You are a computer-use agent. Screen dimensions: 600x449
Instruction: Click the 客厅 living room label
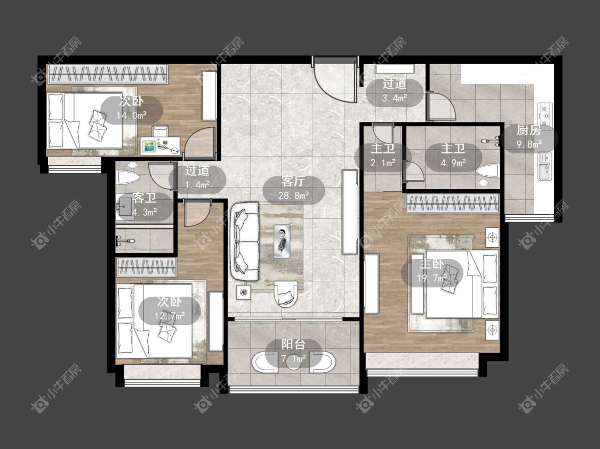(293, 182)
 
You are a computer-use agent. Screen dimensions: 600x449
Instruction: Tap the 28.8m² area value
(293, 195)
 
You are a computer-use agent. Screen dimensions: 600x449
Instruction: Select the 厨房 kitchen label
(529, 130)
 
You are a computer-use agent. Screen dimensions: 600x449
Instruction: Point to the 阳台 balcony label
(293, 344)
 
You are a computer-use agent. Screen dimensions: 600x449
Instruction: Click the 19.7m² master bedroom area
(432, 278)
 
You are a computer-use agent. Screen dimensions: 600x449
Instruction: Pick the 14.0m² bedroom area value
(132, 115)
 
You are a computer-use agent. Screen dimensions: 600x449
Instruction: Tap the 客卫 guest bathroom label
(144, 198)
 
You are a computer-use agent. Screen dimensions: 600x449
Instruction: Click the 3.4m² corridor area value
(395, 98)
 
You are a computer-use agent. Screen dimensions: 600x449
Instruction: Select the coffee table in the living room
(282, 241)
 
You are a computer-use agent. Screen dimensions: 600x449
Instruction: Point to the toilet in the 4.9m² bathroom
(488, 171)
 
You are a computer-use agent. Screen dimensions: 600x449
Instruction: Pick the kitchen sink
(545, 166)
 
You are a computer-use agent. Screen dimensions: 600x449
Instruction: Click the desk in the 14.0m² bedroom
(161, 145)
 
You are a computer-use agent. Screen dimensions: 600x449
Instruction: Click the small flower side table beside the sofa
(244, 293)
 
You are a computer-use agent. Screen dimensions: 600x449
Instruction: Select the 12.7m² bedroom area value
(170, 316)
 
